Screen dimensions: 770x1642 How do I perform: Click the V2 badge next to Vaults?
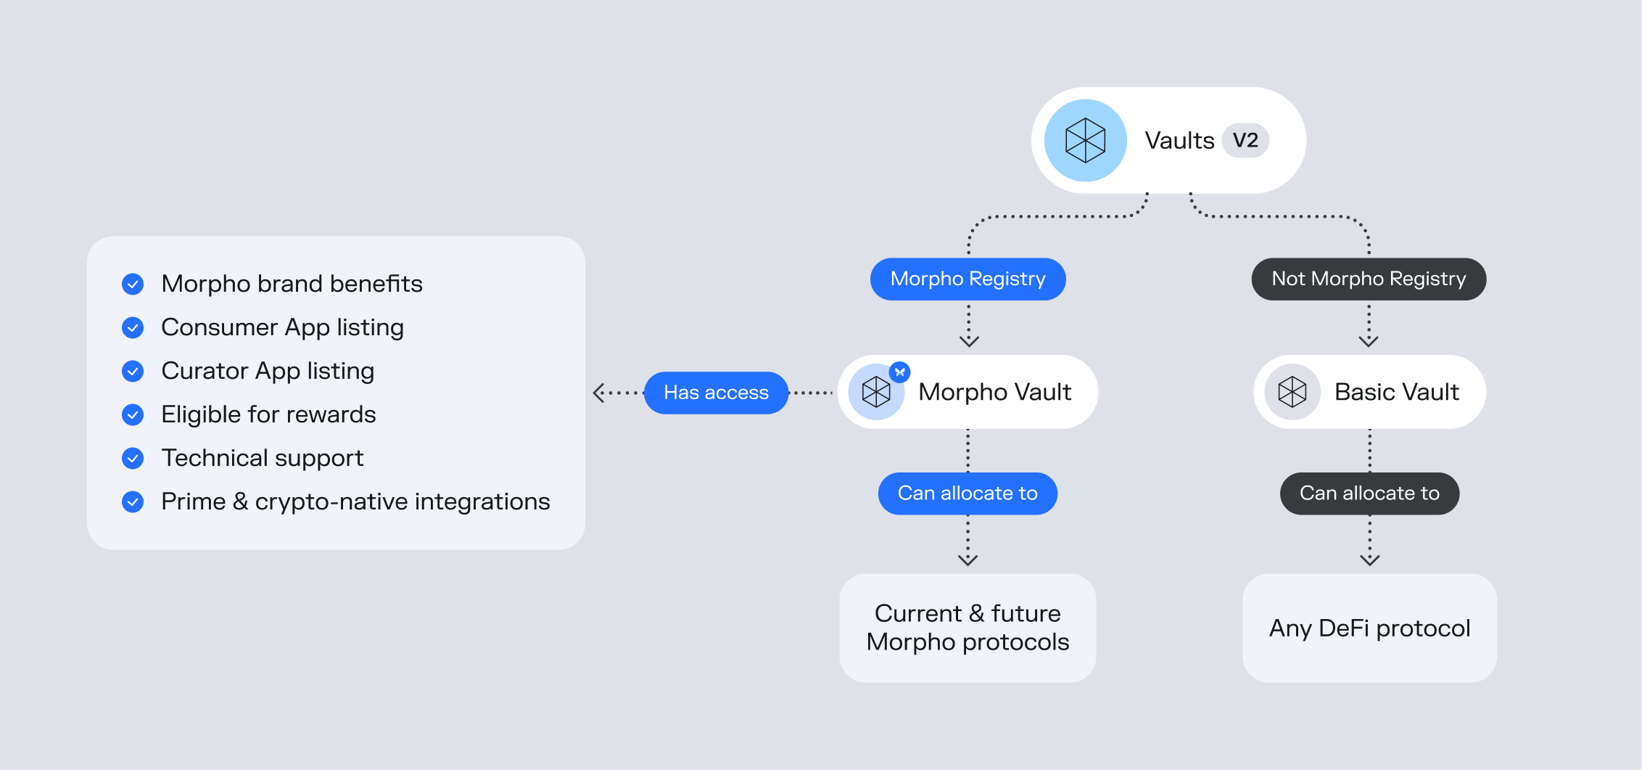point(1245,140)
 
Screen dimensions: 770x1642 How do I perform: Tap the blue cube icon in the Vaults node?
point(1085,140)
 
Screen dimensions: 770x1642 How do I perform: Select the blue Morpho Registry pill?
point(968,279)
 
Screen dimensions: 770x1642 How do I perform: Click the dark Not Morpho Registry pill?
point(1369,279)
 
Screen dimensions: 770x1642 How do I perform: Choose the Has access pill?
point(716,393)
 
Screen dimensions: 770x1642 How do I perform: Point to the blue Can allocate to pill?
point(968,493)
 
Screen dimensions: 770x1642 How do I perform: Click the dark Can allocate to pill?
point(1369,493)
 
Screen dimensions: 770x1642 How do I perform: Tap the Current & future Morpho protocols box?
point(968,628)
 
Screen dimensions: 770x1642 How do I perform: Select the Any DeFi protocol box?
point(1369,628)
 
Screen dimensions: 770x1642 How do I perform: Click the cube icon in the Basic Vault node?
point(1292,392)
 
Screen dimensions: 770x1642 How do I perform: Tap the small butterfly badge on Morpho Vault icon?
point(900,372)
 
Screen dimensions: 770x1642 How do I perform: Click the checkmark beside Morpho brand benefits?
point(133,284)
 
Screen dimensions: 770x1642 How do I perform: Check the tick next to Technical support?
point(133,458)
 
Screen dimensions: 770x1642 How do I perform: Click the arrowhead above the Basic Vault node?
point(1369,341)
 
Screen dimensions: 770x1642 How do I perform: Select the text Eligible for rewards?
point(268,414)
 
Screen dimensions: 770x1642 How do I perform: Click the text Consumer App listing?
point(282,327)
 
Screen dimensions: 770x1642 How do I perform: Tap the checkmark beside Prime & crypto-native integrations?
point(133,501)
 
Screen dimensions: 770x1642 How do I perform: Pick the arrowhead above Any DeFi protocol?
point(1369,560)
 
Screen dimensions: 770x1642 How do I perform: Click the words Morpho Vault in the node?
point(994,392)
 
